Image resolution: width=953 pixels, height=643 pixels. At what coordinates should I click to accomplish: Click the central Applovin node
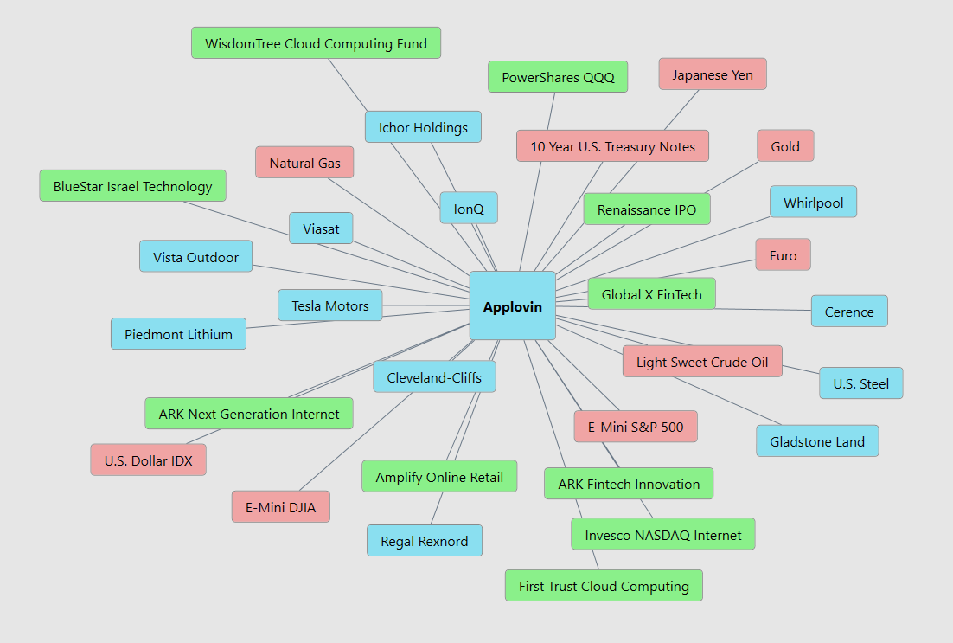pos(512,306)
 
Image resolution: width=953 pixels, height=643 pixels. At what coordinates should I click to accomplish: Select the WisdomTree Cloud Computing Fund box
pos(316,43)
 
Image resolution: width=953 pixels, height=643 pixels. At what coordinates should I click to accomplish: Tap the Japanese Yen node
pos(712,74)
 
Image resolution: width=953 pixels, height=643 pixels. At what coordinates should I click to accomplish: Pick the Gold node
pos(785,146)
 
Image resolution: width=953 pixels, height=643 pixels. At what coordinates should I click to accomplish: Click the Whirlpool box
pos(813,203)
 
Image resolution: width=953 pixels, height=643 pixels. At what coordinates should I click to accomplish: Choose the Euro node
pos(783,255)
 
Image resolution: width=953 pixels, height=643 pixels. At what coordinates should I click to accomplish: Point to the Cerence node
pos(848,312)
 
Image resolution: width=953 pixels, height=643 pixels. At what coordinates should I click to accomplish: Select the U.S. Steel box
pos(860,383)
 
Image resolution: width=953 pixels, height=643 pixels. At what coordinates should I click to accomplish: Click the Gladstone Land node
pos(816,441)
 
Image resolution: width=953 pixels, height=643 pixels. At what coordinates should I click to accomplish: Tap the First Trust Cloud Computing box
pos(604,586)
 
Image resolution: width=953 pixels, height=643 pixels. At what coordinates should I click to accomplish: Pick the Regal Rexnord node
pos(424,541)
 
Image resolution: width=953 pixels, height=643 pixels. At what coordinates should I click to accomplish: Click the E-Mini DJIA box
pos(280,507)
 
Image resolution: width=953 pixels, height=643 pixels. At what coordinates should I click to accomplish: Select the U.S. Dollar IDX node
pos(148,460)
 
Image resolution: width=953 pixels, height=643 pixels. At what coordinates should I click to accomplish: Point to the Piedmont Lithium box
pos(178,334)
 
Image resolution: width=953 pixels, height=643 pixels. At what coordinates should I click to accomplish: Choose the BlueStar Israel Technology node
pos(132,186)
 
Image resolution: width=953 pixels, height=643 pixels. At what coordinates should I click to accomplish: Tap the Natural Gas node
pos(304,163)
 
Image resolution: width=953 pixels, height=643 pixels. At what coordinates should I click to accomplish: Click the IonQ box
pos(468,209)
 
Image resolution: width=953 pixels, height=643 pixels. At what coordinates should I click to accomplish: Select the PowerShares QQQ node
pos(558,77)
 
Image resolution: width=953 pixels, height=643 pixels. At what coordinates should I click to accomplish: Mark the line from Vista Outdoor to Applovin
pos(363,278)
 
